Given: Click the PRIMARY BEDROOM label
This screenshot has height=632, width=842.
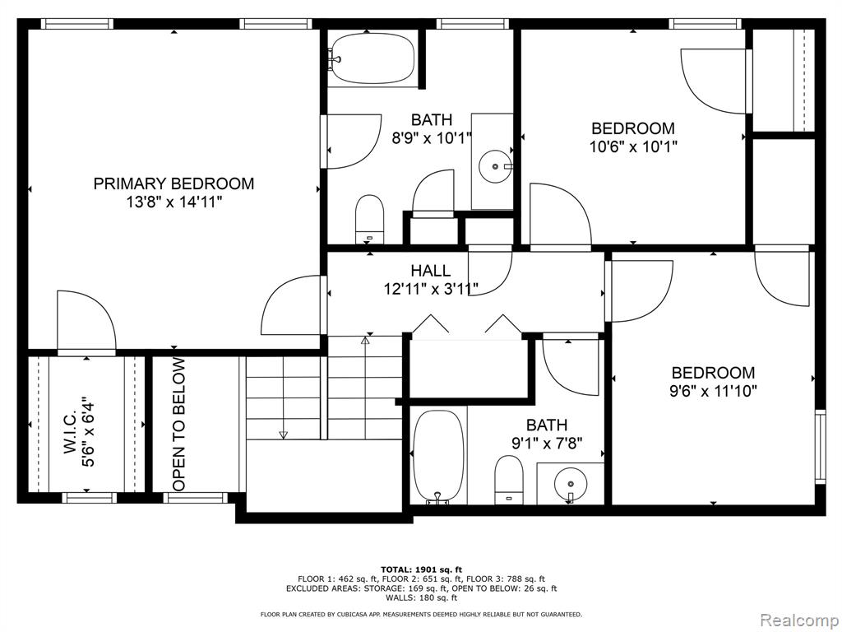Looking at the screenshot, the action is [173, 184].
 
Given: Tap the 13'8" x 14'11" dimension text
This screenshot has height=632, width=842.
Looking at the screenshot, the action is [173, 202].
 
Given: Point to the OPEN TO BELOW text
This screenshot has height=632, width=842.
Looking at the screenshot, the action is [178, 425].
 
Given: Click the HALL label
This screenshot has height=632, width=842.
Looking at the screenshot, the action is [431, 270].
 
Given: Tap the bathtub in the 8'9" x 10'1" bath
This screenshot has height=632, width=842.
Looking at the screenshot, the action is [372, 58].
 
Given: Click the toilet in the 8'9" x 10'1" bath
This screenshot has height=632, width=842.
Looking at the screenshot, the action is [370, 218].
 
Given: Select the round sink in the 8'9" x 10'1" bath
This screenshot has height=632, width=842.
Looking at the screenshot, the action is [495, 166].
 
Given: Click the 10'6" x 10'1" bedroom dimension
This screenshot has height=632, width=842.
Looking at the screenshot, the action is [634, 146].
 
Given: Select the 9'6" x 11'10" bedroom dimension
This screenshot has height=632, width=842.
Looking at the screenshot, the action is [713, 391].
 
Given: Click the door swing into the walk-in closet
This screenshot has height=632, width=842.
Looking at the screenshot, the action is [86, 321].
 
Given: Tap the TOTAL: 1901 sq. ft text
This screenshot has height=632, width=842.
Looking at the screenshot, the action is [422, 569].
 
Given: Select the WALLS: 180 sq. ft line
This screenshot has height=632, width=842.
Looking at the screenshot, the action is [422, 597].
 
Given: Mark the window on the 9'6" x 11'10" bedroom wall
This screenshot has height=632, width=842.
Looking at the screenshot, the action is [820, 447].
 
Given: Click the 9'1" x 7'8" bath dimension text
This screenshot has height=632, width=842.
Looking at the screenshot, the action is [547, 444].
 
